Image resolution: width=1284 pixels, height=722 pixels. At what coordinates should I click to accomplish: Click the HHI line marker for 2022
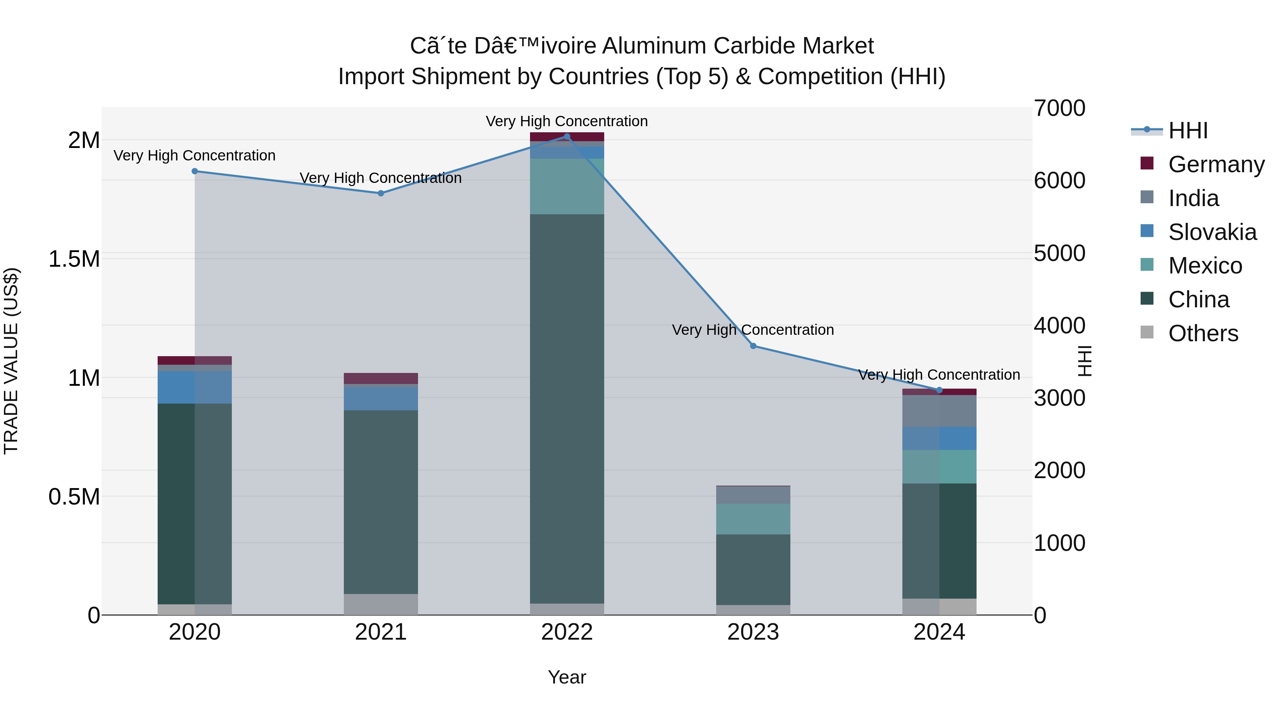pyautogui.click(x=567, y=137)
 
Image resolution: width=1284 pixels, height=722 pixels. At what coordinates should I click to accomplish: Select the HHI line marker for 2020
pyautogui.click(x=195, y=171)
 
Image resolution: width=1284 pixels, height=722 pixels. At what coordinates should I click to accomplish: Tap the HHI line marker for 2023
pyautogui.click(x=753, y=346)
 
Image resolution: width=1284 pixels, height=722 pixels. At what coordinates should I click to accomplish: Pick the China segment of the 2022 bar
pyautogui.click(x=567, y=409)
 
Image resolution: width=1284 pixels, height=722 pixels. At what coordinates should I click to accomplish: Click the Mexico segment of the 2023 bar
pyautogui.click(x=753, y=519)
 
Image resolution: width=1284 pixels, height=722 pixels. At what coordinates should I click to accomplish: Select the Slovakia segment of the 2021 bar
pyautogui.click(x=381, y=399)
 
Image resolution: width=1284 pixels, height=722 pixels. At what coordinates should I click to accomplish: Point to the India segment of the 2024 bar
pyautogui.click(x=939, y=411)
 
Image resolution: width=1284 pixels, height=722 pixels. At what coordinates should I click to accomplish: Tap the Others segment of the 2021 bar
pyautogui.click(x=381, y=604)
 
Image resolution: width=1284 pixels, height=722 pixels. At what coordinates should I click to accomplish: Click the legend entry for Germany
pyautogui.click(x=1216, y=164)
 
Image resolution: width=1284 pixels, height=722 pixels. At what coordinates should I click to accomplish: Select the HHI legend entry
pyautogui.click(x=1188, y=130)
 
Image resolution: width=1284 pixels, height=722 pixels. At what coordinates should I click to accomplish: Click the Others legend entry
pyautogui.click(x=1203, y=333)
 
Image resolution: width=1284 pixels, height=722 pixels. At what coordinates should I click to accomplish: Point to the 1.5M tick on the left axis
pyautogui.click(x=75, y=259)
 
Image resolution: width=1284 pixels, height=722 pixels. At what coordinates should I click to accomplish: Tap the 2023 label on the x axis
pyautogui.click(x=753, y=632)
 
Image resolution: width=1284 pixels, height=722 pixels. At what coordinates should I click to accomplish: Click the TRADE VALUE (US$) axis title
pyautogui.click(x=11, y=361)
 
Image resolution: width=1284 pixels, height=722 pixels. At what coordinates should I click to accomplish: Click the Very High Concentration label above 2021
pyautogui.click(x=381, y=178)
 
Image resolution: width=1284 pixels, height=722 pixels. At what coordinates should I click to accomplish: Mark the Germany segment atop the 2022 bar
pyautogui.click(x=567, y=137)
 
